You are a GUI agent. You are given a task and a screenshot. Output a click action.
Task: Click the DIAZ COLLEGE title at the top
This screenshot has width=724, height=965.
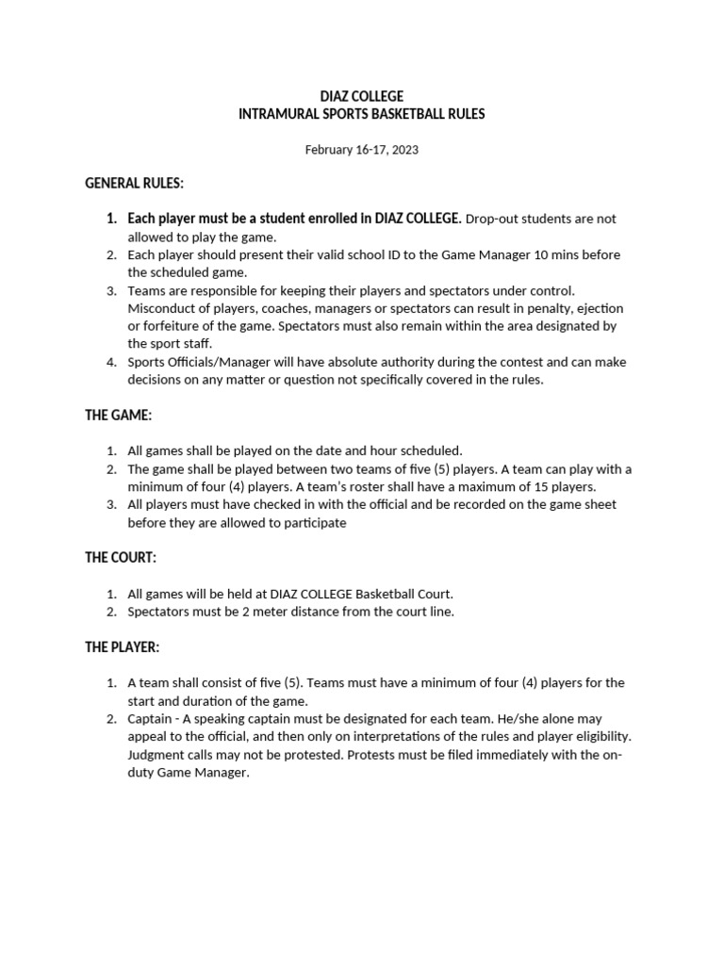(362, 96)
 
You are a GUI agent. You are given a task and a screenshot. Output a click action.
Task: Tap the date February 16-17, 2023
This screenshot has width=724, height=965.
(362, 150)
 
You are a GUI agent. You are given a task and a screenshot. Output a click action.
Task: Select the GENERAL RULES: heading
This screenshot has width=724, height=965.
(134, 183)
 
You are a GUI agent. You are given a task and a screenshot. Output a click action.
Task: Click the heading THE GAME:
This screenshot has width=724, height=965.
(118, 415)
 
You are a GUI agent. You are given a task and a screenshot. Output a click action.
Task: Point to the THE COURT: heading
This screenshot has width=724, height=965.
(121, 557)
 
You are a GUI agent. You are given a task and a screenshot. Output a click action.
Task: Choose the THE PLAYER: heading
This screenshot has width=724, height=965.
(123, 647)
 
